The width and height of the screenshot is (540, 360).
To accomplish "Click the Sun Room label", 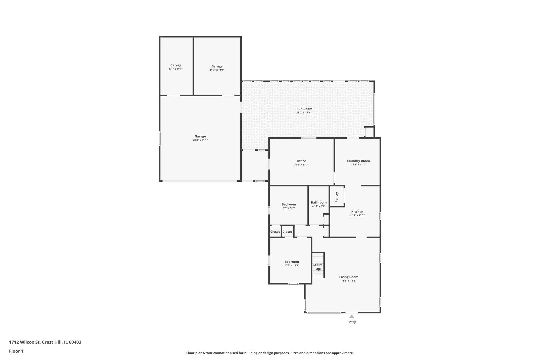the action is (x=304, y=109).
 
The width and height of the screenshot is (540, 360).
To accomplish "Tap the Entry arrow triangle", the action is (x=352, y=317).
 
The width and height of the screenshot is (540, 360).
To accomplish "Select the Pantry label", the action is (x=337, y=197).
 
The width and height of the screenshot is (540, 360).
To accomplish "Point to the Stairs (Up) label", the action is (x=318, y=267).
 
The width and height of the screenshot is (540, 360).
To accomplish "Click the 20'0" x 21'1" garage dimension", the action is (x=200, y=140).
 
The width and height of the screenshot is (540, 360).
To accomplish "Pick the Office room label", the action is (x=301, y=161).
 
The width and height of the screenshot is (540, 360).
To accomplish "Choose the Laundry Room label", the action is (x=358, y=161).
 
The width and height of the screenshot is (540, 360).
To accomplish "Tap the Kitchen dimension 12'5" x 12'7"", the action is (x=357, y=216).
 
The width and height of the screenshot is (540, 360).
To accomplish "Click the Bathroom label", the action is (x=319, y=202).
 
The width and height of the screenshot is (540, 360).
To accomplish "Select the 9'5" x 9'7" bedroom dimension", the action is (x=289, y=208).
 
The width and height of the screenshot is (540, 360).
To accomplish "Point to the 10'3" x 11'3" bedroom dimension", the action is (x=292, y=265).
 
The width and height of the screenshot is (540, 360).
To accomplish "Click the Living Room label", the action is (x=349, y=277).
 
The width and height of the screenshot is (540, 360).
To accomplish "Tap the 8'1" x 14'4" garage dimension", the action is (x=176, y=69).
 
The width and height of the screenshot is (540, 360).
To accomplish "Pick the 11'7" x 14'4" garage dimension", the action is (x=217, y=70).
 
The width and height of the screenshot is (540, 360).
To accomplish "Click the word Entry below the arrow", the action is (x=352, y=322).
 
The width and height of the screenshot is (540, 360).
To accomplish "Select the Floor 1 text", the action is (x=16, y=351).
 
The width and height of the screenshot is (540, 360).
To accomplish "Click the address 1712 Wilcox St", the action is (x=24, y=342).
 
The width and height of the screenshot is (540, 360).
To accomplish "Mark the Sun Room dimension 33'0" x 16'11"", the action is (x=304, y=113).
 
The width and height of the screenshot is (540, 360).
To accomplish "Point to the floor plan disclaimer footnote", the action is (x=270, y=353).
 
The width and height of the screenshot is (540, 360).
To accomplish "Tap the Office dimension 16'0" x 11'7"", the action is (x=301, y=165).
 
